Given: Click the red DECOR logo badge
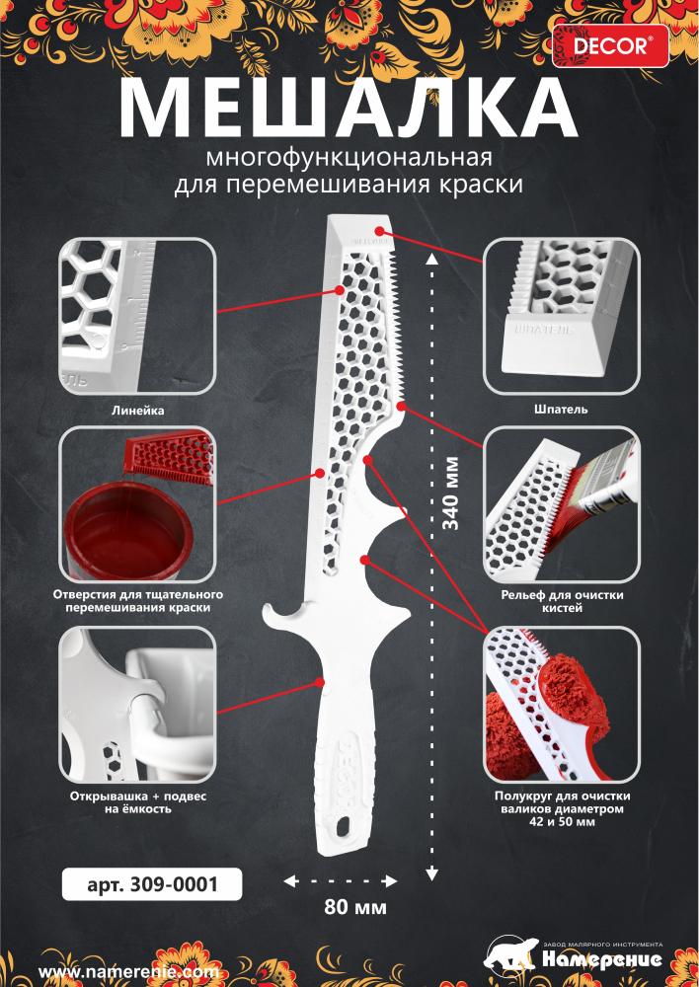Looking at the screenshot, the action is click(x=610, y=46).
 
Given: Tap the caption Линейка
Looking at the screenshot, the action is click(x=138, y=410).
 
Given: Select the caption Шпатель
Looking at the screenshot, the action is click(x=561, y=410).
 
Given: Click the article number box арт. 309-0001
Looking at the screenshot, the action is click(x=152, y=884).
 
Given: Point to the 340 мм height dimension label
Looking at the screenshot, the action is click(x=451, y=493).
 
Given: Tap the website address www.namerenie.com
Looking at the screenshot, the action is click(x=128, y=971).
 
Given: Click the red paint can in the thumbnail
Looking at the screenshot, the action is click(x=128, y=535).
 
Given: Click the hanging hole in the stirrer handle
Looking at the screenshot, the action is click(x=344, y=825).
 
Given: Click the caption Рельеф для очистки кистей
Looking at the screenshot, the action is click(x=562, y=601).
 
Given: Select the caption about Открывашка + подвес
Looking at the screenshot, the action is click(x=138, y=802).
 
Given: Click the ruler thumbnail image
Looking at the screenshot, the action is click(x=138, y=316).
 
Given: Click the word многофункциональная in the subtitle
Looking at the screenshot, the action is click(x=349, y=157).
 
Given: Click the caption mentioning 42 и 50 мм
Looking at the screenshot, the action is click(x=562, y=809).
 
